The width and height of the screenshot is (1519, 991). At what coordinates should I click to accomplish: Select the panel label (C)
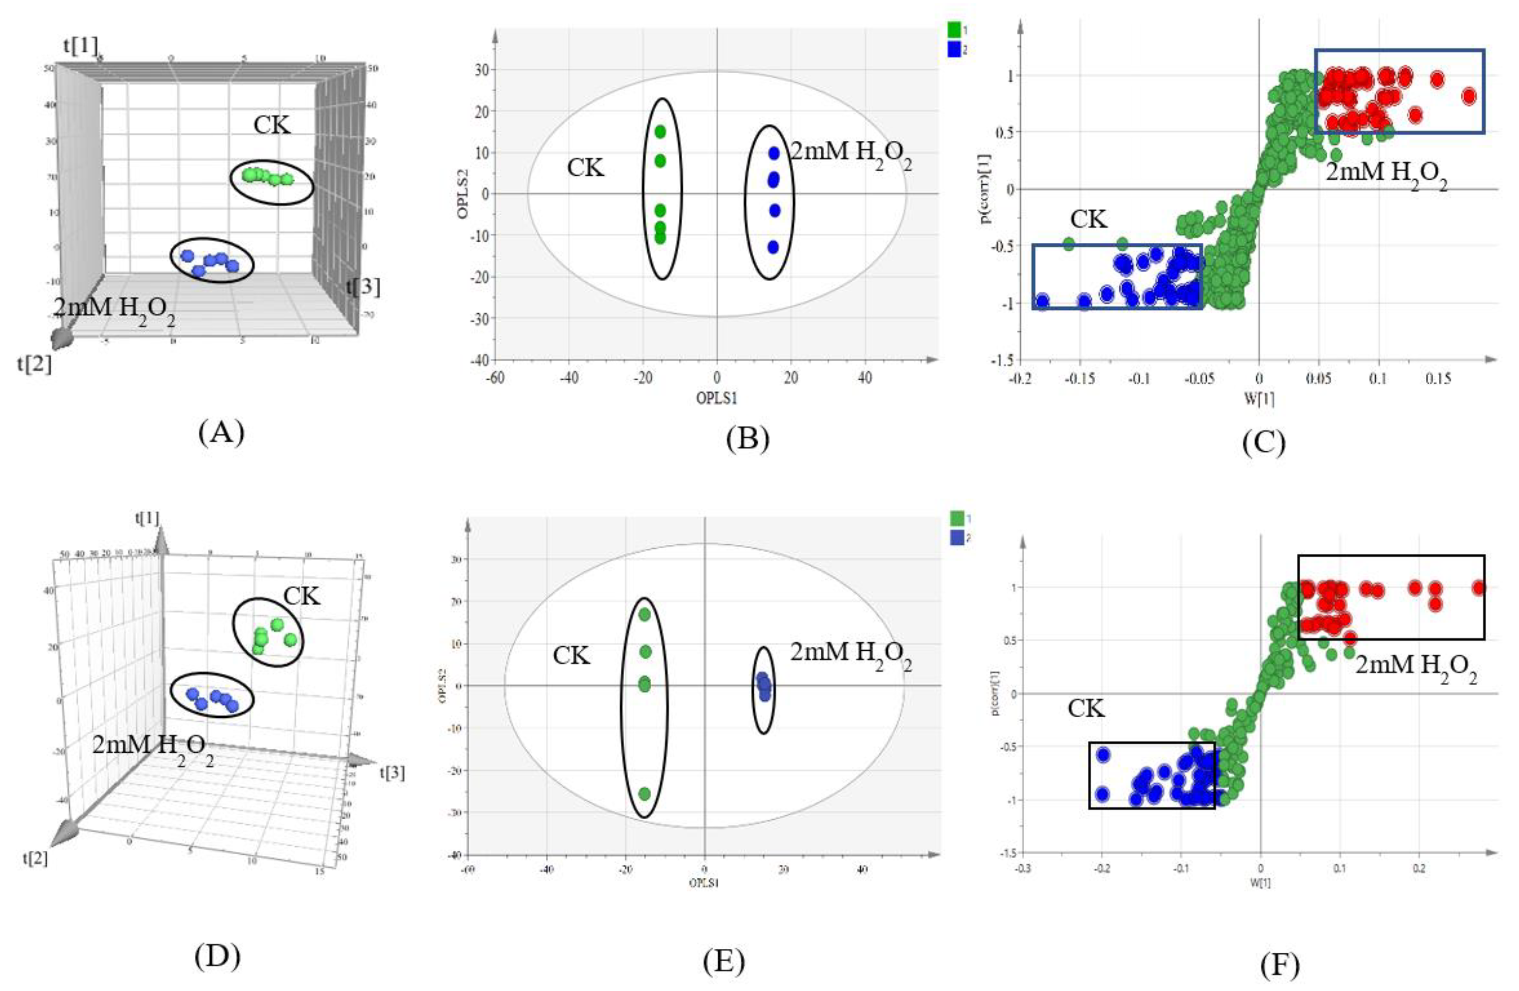(1263, 442)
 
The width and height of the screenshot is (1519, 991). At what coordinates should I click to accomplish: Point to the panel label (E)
(723, 962)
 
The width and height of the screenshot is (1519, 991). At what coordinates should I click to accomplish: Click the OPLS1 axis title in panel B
(717, 398)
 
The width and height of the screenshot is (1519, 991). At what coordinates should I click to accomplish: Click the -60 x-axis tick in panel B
(494, 378)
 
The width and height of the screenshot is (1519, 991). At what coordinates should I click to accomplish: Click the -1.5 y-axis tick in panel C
(1001, 361)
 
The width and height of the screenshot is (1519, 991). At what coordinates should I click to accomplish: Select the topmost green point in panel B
(660, 132)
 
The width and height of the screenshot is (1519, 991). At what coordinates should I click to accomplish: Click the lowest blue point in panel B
(773, 247)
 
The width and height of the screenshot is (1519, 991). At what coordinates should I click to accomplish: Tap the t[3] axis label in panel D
(392, 773)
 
